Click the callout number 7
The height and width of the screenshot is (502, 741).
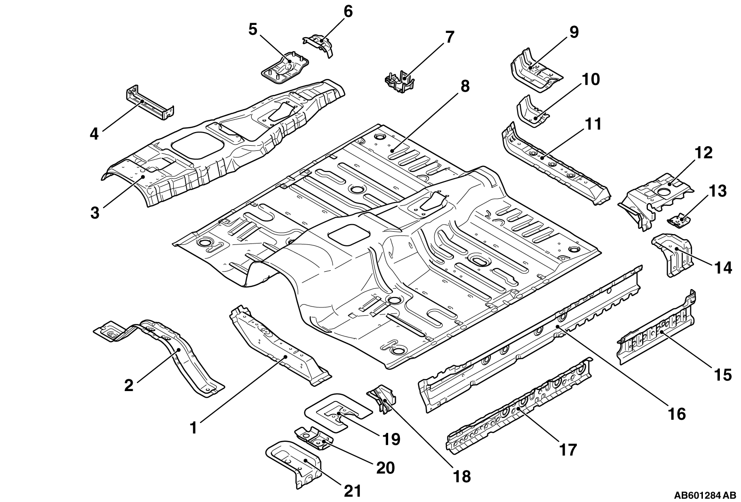(450, 37)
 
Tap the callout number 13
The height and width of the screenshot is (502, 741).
(717, 191)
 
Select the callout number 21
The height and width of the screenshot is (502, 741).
(352, 491)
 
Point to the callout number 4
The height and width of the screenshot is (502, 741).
(94, 134)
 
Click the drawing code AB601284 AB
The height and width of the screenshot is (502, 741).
(705, 495)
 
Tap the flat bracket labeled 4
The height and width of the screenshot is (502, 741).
(150, 102)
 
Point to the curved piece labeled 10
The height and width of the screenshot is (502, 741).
(533, 111)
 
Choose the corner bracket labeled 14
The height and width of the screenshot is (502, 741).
(673, 255)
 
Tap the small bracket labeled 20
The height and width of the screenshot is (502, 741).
(314, 438)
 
